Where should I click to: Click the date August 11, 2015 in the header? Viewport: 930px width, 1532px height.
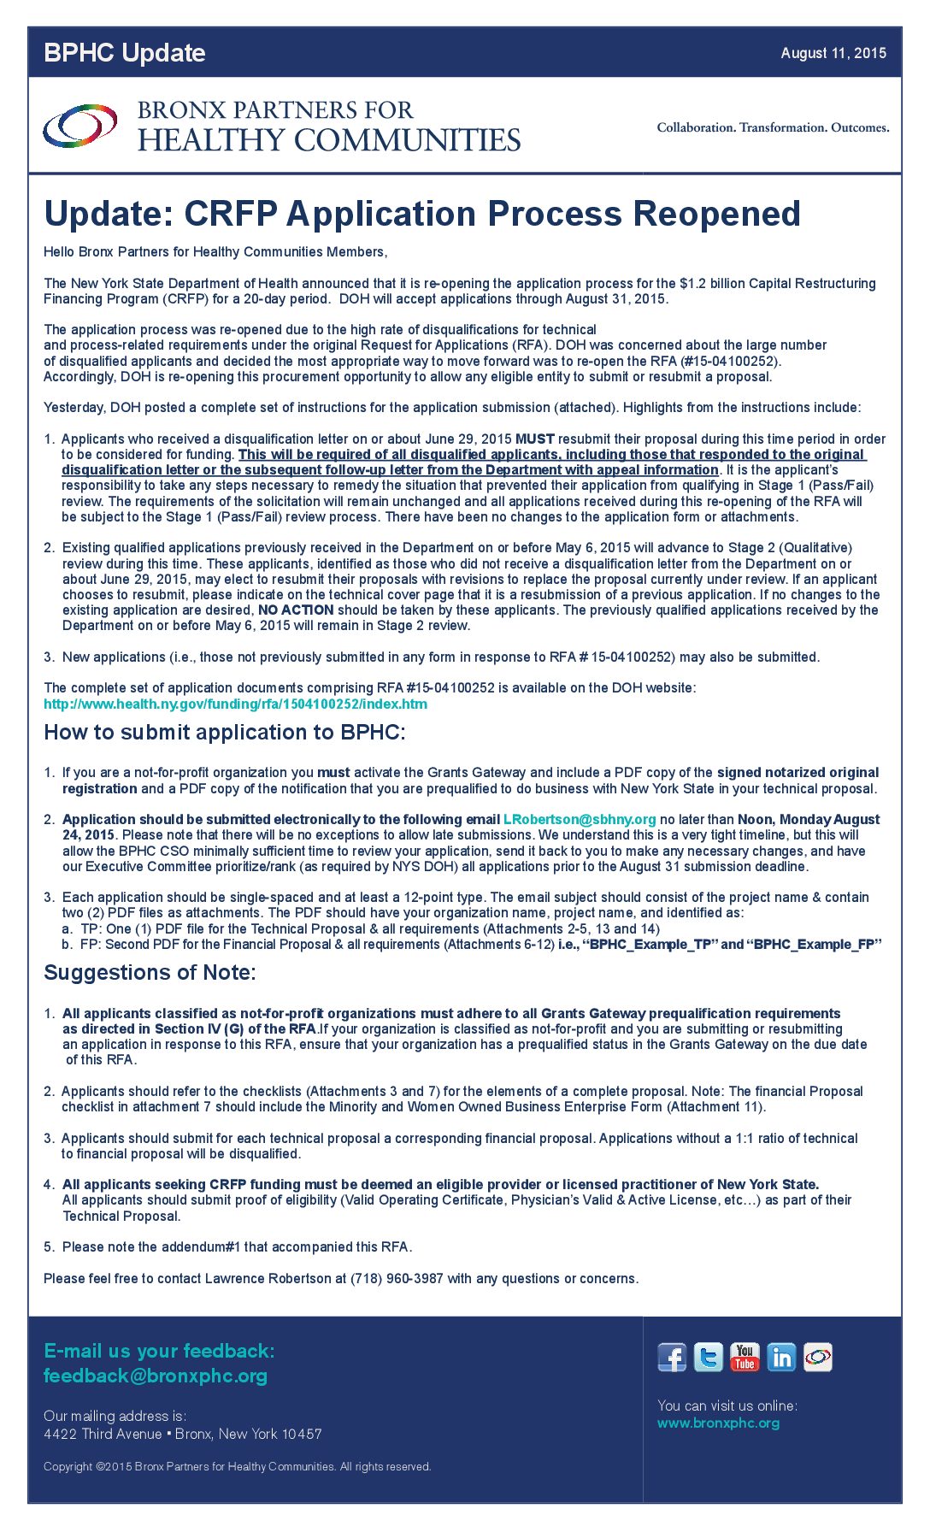833,53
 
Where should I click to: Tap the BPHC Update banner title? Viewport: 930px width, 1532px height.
125,53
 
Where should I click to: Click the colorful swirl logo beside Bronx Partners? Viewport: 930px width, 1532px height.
79,126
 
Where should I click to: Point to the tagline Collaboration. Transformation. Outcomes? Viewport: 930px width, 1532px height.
773,127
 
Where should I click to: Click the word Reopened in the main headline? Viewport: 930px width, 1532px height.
717,214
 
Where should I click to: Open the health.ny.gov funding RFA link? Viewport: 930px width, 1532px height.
235,704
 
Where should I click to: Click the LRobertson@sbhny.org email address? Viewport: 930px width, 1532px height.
580,819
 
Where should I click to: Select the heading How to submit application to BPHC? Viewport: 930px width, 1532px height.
225,733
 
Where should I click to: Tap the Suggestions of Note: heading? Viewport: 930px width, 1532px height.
150,973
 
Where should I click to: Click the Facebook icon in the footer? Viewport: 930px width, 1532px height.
672,1358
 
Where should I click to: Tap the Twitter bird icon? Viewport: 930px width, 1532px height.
708,1358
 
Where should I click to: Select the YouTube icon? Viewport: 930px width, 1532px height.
745,1358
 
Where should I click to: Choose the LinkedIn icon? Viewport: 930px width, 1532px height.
781,1358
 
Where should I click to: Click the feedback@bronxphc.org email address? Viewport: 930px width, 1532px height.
156,1376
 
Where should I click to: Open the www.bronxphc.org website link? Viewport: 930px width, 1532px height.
718,1423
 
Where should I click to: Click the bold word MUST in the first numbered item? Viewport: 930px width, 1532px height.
534,439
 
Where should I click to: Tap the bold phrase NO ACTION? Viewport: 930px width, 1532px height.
296,610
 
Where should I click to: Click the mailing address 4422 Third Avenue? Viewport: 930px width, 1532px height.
103,1434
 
